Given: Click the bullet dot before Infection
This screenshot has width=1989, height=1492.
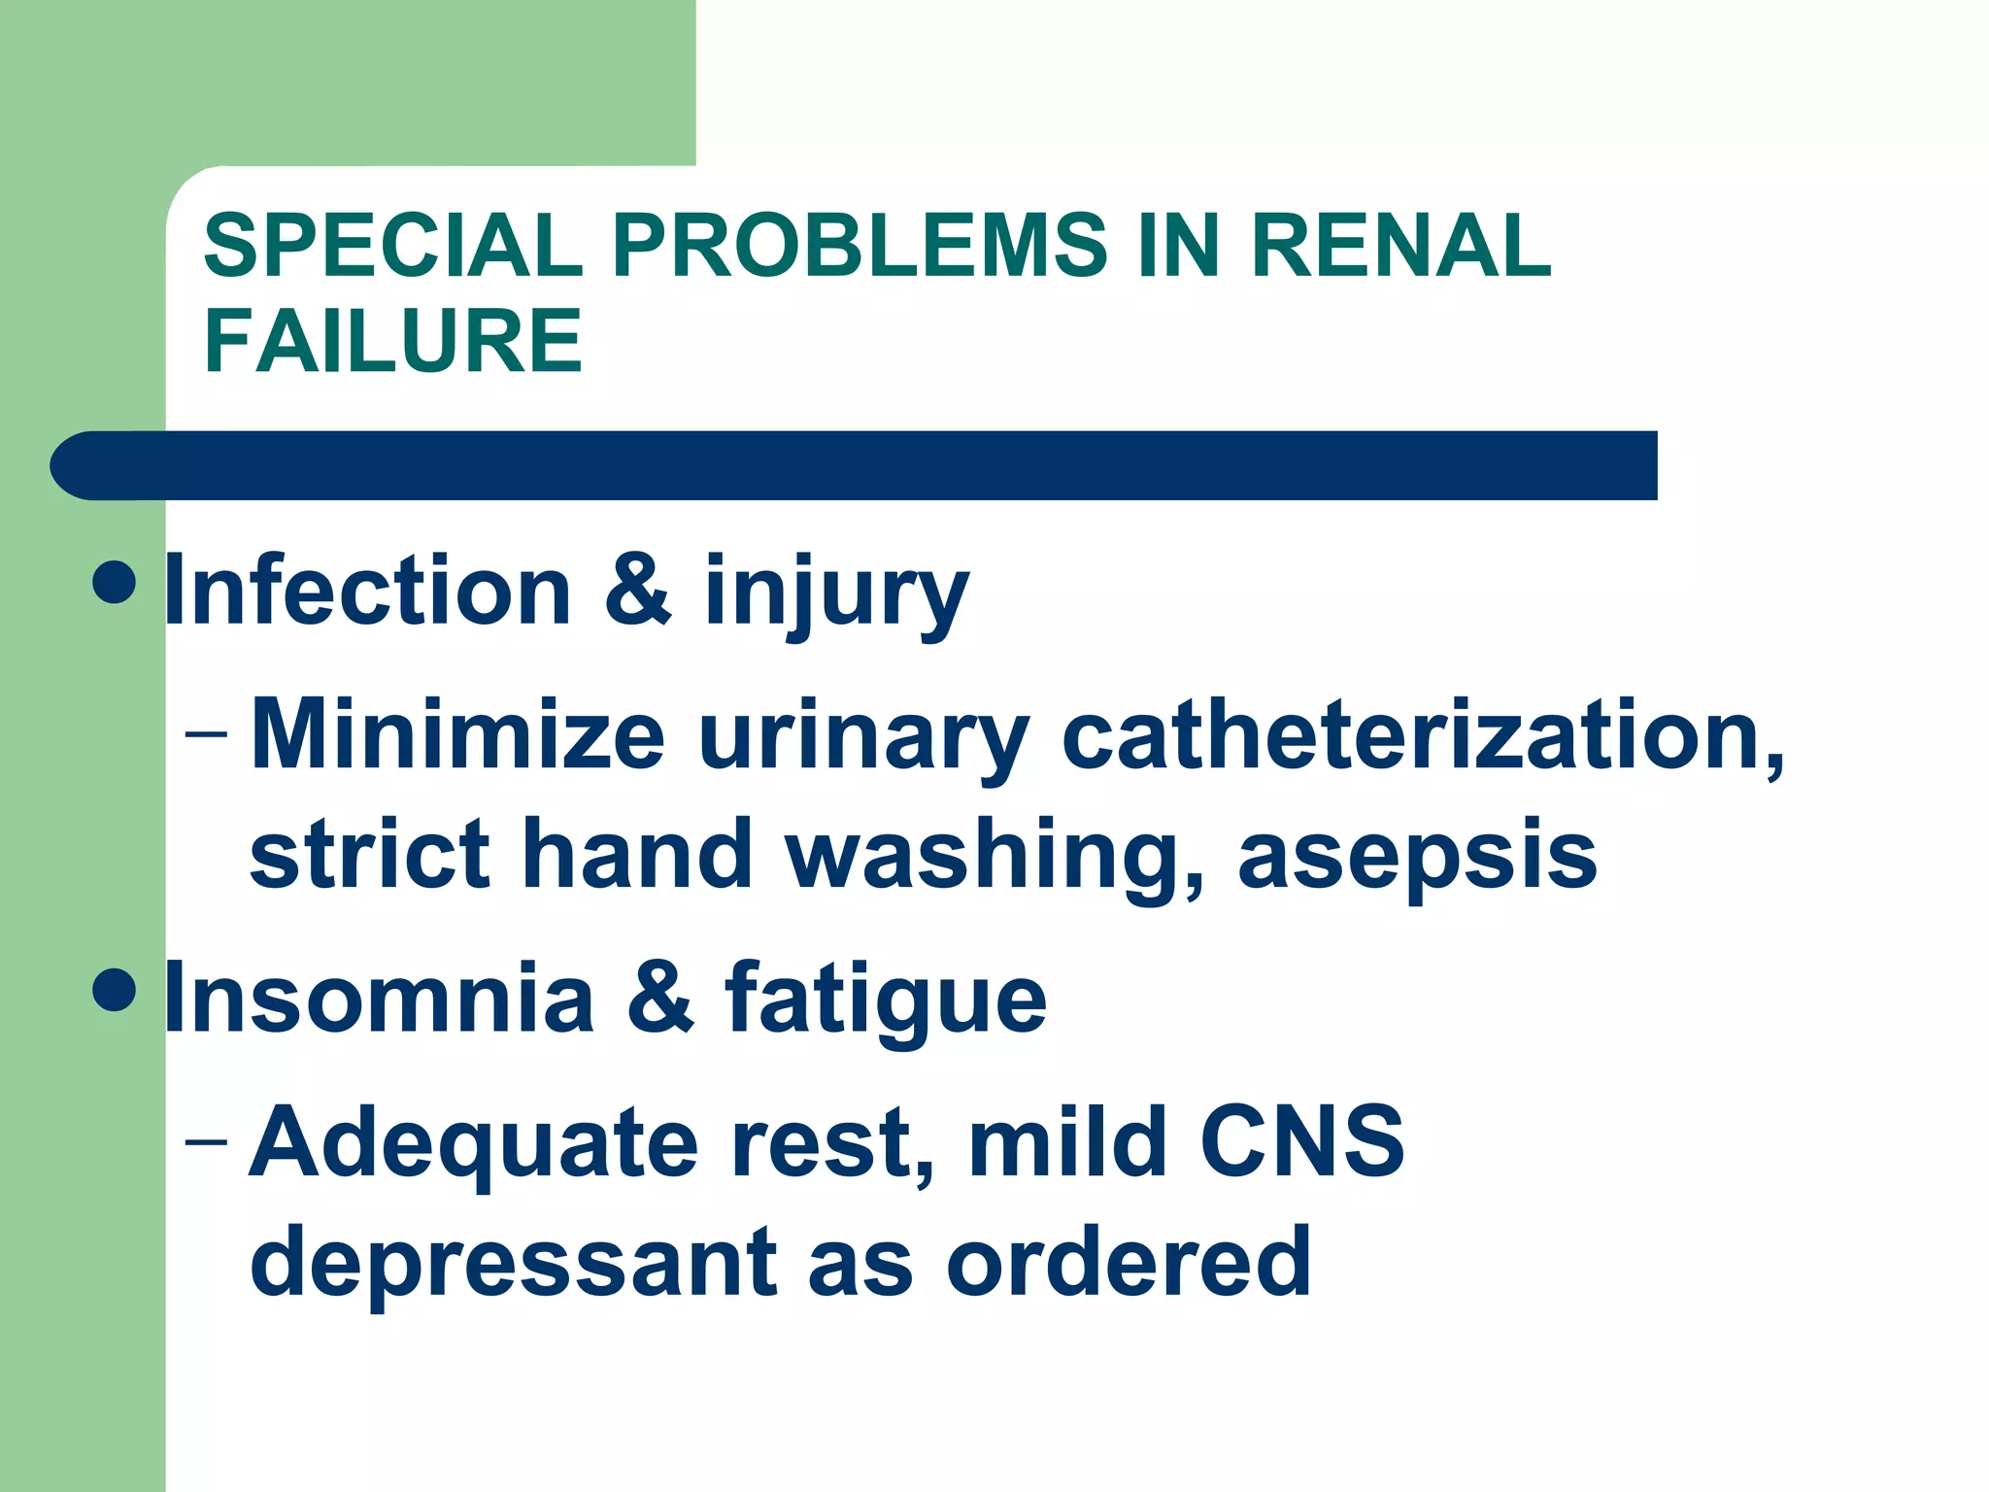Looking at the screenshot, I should tap(116, 582).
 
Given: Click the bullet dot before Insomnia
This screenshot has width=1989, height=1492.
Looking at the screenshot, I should tap(116, 989).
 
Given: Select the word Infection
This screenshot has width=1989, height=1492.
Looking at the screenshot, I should tap(368, 590).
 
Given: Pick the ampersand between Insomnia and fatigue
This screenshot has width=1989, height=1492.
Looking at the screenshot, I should tap(660, 998).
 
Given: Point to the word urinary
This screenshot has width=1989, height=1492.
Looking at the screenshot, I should tap(863, 738).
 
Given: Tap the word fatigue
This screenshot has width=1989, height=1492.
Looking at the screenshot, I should tap(886, 1000).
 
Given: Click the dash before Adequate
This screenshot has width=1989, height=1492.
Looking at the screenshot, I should tap(207, 1139).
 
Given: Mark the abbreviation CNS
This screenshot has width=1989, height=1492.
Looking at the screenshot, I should tap(1301, 1140).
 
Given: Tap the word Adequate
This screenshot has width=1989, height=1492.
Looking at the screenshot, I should tap(474, 1144).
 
